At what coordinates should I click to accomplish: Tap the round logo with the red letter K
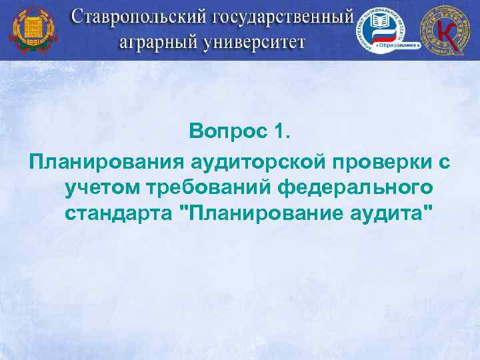(x=445, y=30)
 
